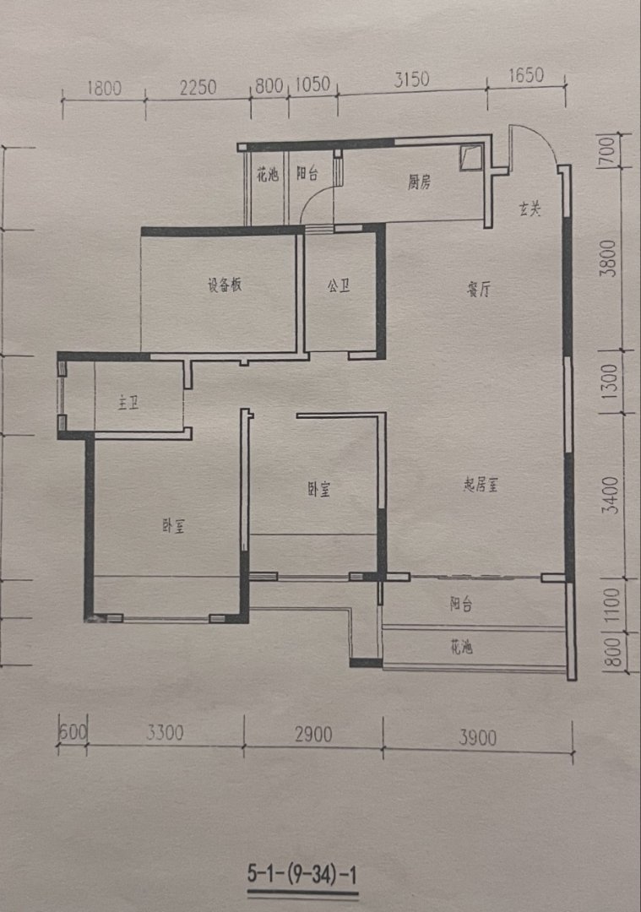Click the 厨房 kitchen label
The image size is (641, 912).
click(419, 182)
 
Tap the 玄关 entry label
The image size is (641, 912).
click(530, 209)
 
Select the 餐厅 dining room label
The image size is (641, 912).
click(479, 289)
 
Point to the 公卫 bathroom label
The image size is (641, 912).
click(339, 285)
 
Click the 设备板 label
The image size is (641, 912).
click(225, 285)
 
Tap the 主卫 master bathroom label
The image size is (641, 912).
click(128, 403)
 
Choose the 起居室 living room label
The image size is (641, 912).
click(481, 485)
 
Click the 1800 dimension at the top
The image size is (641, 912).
click(104, 88)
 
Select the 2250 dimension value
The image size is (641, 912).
click(198, 87)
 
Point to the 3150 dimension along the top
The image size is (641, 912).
click(411, 79)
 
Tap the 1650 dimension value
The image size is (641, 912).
click(526, 76)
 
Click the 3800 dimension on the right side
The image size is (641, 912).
click(608, 258)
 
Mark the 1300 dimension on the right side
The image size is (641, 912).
click(608, 382)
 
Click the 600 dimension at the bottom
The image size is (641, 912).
click(73, 731)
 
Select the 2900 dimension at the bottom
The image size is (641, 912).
click(313, 735)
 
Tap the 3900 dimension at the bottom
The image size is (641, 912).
click(477, 737)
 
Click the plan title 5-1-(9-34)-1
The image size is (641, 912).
click(301, 874)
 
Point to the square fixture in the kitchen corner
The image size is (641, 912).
click(471, 158)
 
